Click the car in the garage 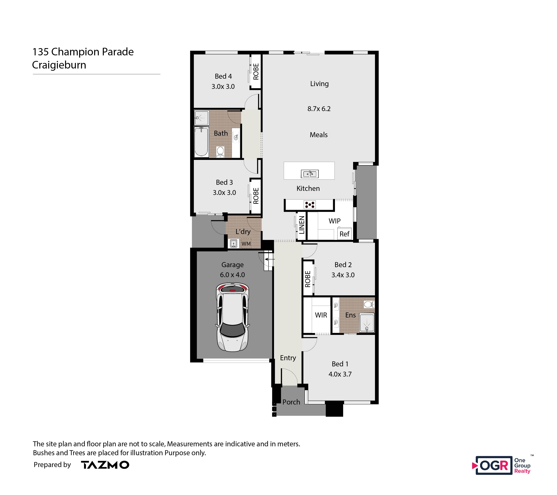click(x=232, y=317)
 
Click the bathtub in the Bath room click(x=201, y=142)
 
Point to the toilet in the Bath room click(x=220, y=152)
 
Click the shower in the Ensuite click(x=367, y=323)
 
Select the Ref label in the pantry click(x=344, y=234)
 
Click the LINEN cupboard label click(x=302, y=225)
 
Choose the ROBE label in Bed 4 click(x=256, y=72)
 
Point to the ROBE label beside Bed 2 click(x=308, y=279)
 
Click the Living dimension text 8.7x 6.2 click(x=319, y=109)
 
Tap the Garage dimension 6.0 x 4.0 click(x=232, y=275)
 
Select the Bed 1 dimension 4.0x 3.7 click(x=340, y=374)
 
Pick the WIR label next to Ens click(x=321, y=315)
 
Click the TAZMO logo click(x=105, y=465)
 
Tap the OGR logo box click(x=494, y=465)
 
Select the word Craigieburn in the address click(x=59, y=65)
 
